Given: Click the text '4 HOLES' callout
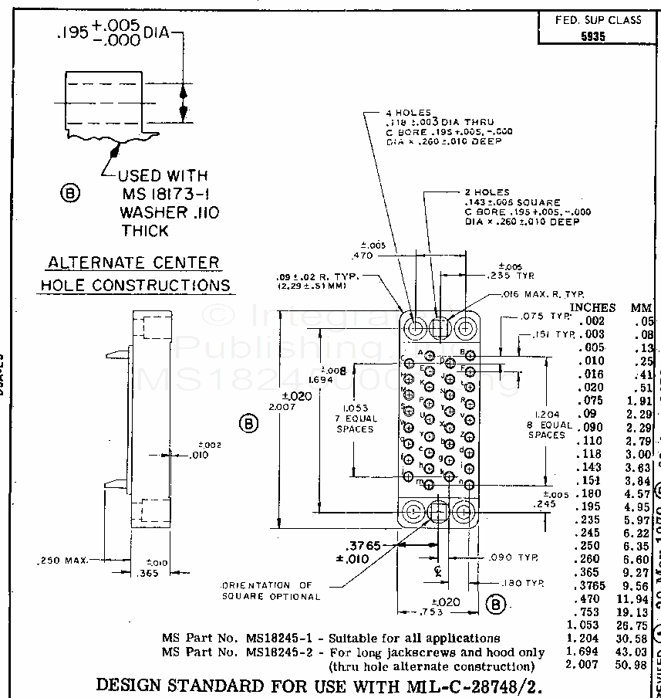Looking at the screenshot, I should pos(408,113).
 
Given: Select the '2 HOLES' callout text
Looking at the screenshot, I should pos(487,192).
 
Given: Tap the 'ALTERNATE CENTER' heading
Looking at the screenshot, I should pos(133,263).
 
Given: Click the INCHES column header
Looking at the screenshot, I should pos(592,307).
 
